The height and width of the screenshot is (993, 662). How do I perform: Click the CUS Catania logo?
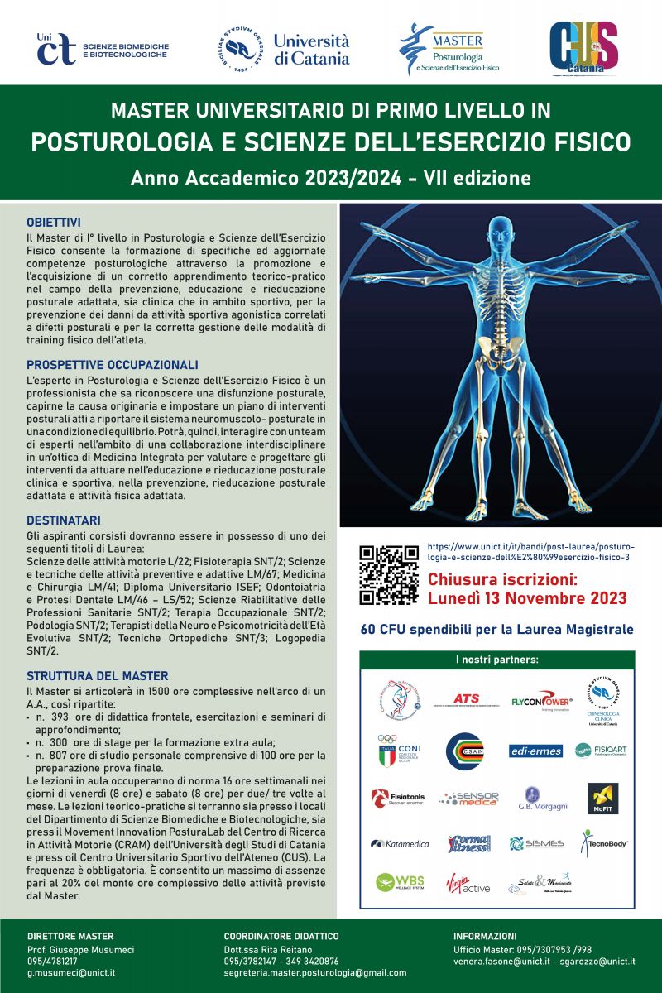(583, 46)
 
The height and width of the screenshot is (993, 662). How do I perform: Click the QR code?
(389, 574)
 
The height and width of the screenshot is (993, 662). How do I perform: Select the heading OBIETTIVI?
(54, 223)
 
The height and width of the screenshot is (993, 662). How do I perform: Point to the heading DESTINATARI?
(64, 520)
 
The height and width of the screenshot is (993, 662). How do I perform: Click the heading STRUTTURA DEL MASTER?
(98, 676)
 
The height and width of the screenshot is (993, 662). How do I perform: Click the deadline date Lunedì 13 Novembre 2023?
(527, 598)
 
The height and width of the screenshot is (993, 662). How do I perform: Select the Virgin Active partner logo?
(468, 884)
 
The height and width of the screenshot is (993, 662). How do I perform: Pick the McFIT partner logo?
(602, 799)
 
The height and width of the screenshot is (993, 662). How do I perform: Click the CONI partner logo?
(400, 751)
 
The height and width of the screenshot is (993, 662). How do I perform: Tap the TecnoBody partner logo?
(603, 844)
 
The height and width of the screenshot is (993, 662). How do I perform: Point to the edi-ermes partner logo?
(535, 751)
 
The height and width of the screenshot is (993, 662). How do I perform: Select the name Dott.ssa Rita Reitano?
(268, 949)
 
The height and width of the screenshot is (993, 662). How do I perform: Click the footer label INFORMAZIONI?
(485, 936)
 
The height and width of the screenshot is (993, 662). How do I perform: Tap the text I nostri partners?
(496, 660)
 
